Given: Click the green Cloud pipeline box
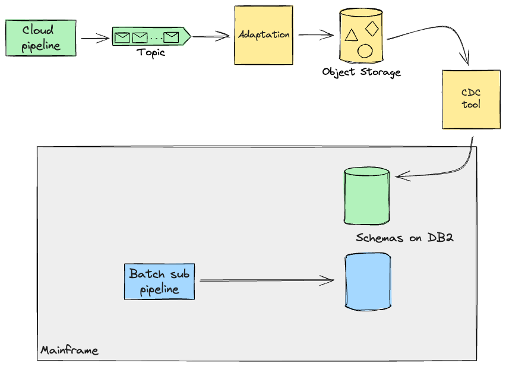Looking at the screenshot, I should pos(41,38).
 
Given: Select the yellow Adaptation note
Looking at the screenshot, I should pos(264,35).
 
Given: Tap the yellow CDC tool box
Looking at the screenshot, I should pos(471,99).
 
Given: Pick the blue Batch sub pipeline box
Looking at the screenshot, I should pos(159,282).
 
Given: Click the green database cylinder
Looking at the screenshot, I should pos(366,196).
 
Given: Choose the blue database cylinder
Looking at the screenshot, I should pos(368,281).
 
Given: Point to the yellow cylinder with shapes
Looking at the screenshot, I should pos(360,36).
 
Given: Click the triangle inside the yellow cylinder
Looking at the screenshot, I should pos(351,36).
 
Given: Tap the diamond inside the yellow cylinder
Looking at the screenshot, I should pos(372,28).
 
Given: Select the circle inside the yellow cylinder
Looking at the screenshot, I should pos(365,51).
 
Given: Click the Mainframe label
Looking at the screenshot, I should pos(69,350).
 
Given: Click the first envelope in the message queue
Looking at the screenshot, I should pos(122,38).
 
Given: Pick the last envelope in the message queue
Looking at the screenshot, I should pos(171,37).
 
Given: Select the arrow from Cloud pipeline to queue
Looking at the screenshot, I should pos(95,39).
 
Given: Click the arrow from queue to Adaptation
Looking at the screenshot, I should pos(211,37).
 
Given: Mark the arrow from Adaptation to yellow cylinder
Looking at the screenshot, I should pos(316,36).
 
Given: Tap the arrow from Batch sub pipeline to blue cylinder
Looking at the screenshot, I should pos(267,280).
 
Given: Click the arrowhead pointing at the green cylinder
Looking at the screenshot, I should pos(399,176).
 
